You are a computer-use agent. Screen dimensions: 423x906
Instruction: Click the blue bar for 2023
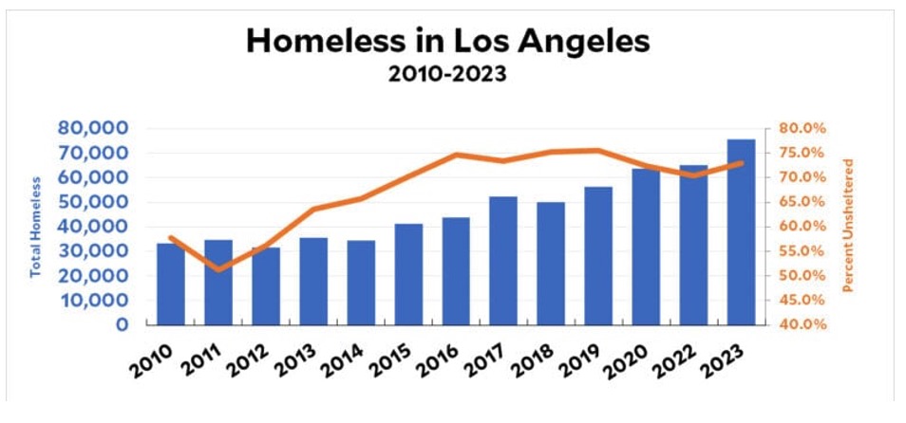(x=741, y=231)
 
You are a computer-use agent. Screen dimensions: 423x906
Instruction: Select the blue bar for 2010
(x=171, y=284)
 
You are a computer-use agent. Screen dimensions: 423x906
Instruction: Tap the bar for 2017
(x=503, y=260)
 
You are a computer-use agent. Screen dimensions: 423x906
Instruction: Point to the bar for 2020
(x=646, y=246)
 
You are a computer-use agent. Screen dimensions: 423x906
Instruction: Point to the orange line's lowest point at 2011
(x=219, y=269)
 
